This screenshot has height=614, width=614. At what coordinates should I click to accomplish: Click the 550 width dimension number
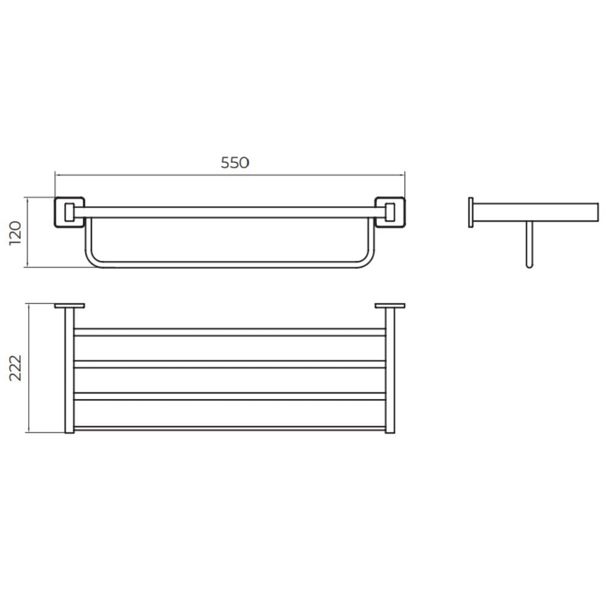coord(235,163)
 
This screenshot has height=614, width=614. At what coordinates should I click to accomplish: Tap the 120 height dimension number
coord(16,233)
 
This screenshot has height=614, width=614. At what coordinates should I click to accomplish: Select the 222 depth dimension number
coord(16,368)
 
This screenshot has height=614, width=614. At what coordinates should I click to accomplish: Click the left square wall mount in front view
coord(69,212)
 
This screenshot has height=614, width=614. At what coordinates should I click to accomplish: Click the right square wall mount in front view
coord(390,212)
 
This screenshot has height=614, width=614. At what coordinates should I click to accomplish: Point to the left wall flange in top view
coord(70,306)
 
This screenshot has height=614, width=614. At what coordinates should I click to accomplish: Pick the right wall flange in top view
coord(390,306)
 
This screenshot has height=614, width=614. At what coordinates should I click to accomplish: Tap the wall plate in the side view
coord(471,212)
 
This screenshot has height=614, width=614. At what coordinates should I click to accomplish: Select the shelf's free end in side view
coord(597,212)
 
